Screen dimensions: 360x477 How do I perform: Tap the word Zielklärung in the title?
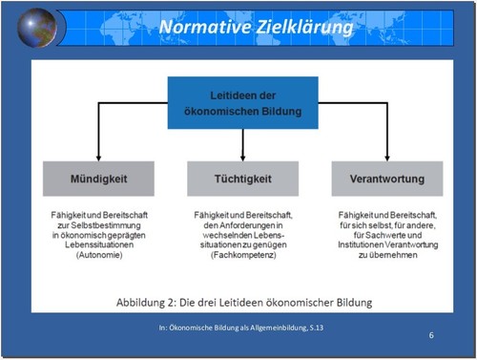tap(302, 28)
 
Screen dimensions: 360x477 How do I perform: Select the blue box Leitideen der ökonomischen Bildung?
tap(242, 103)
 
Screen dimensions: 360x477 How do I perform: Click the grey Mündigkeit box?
tap(99, 179)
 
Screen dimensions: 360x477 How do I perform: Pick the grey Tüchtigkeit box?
tap(242, 179)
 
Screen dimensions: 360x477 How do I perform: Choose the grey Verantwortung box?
tap(386, 179)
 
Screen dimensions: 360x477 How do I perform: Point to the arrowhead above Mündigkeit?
tap(99, 157)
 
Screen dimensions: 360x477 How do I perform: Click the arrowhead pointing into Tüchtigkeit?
tap(242, 157)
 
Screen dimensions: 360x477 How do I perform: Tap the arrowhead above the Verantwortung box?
tap(386, 157)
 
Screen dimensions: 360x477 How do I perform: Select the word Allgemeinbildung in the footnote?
tap(265, 328)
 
